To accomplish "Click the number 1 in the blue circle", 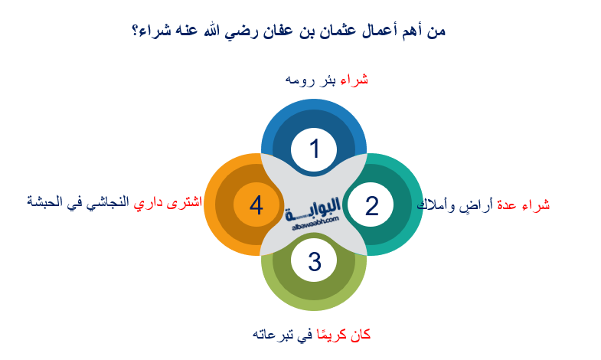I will pyautogui.click(x=314, y=149).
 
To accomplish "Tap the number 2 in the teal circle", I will pyautogui.click(x=371, y=205).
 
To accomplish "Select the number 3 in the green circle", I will pyautogui.click(x=314, y=261).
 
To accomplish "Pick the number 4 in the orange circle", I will pyautogui.click(x=256, y=205).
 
